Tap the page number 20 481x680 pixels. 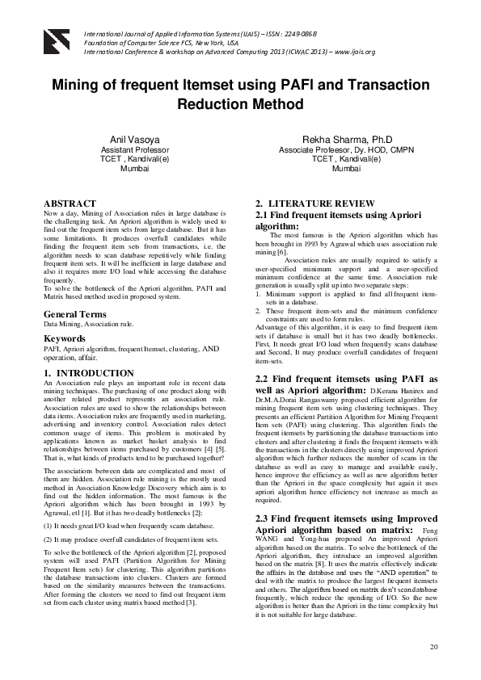tap(433, 647)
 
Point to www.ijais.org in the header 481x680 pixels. tap(352, 52)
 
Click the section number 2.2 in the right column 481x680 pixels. tap(264, 378)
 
